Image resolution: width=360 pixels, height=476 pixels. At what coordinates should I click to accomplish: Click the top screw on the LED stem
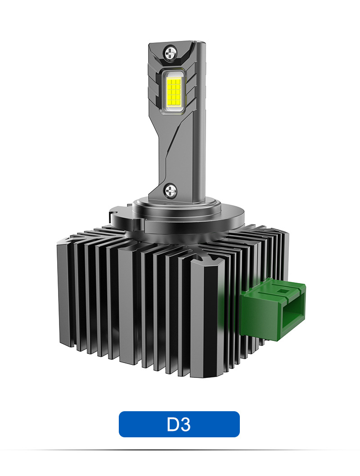click(171, 53)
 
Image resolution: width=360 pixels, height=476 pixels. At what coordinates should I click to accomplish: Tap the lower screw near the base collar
click(170, 190)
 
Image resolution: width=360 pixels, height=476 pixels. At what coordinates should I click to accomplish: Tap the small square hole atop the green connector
click(284, 291)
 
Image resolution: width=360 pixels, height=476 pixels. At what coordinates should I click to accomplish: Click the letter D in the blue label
click(173, 424)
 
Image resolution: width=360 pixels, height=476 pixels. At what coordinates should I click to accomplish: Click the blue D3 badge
click(179, 424)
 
